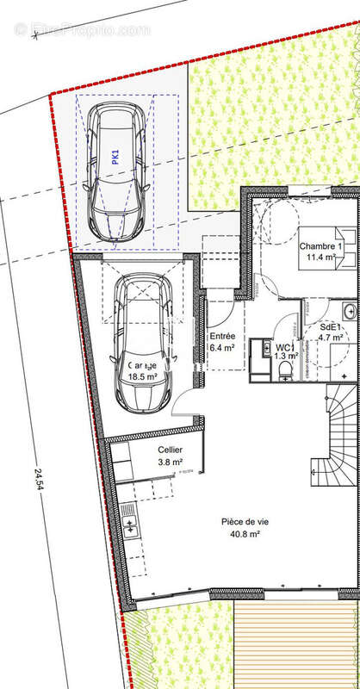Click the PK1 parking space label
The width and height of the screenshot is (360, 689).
(x=114, y=156)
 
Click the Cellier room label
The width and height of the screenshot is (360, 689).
(x=170, y=450)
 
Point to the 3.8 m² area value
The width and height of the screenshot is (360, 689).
(x=170, y=462)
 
